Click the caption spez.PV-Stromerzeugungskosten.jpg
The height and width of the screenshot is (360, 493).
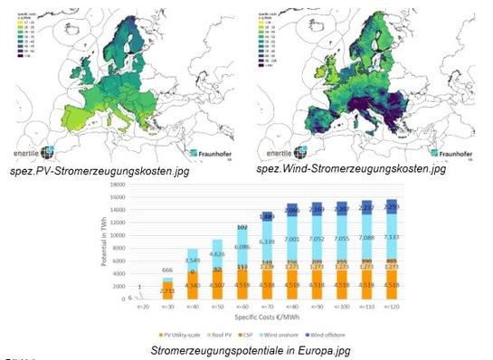(94, 169)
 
